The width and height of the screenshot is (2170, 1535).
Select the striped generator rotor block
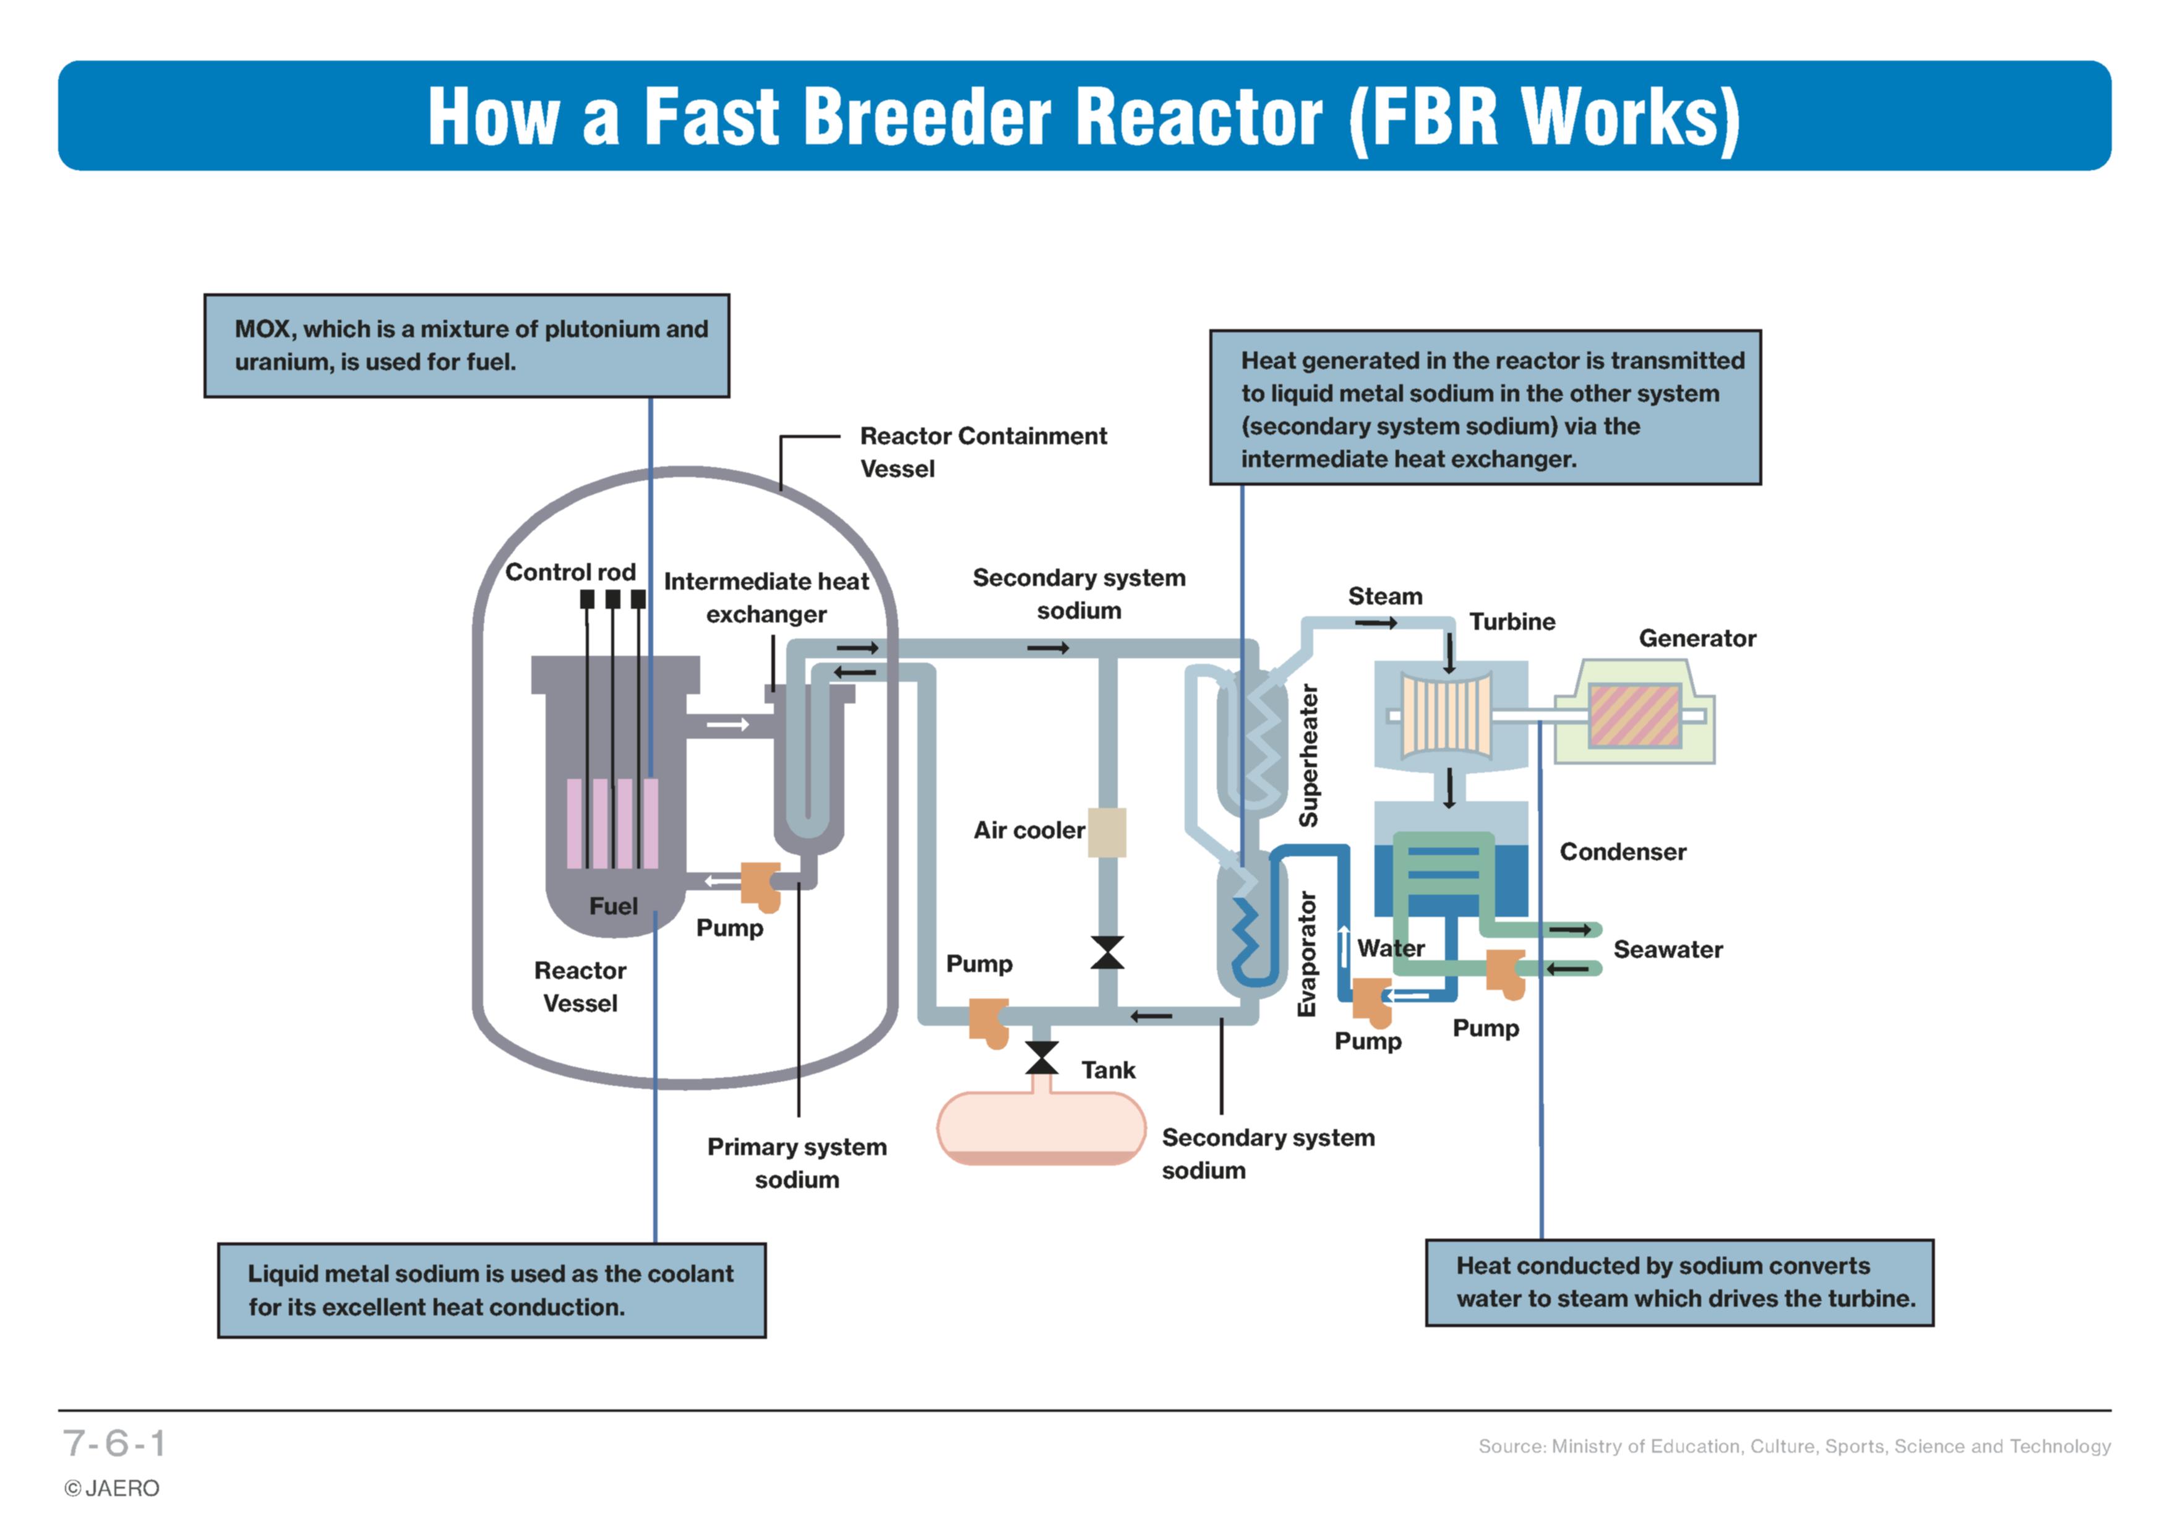pos(1634,715)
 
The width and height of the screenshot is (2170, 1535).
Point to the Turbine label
pos(1512,621)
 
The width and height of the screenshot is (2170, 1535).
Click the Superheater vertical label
pos(1308,755)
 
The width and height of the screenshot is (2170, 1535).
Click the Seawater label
pos(1668,949)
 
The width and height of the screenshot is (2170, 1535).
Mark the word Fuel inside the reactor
pos(614,906)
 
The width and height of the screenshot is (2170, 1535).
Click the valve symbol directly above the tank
pos(1042,1058)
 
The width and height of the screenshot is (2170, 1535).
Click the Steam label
pos(1384,596)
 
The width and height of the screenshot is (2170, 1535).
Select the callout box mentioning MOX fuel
pos(467,346)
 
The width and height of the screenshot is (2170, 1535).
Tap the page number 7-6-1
pos(114,1443)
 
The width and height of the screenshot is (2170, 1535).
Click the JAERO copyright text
pos(111,1489)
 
